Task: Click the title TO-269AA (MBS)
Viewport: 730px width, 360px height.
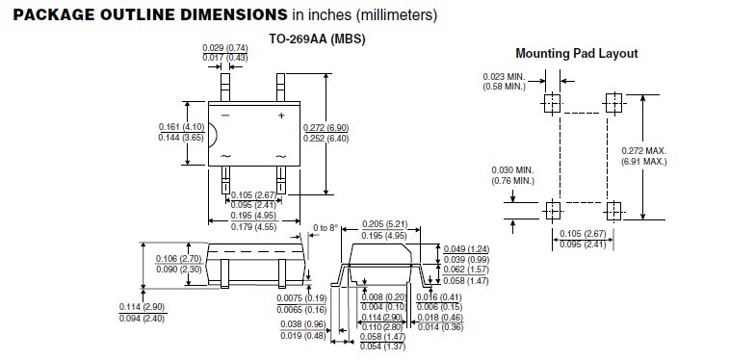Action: coord(317,39)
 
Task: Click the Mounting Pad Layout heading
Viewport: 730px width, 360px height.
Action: coord(576,54)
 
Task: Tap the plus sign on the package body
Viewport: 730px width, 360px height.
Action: coord(281,116)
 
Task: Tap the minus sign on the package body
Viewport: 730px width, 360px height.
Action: coord(225,115)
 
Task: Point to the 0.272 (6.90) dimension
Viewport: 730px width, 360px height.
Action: coord(326,128)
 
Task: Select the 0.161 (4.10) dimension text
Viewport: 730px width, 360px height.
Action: coord(181,126)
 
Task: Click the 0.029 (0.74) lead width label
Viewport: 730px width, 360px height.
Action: coord(225,47)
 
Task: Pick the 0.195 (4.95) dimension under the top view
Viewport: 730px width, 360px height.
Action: coord(253,216)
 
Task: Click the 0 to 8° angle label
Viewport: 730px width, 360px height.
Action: coord(326,228)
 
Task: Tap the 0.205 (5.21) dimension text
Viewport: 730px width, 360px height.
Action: coord(384,224)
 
